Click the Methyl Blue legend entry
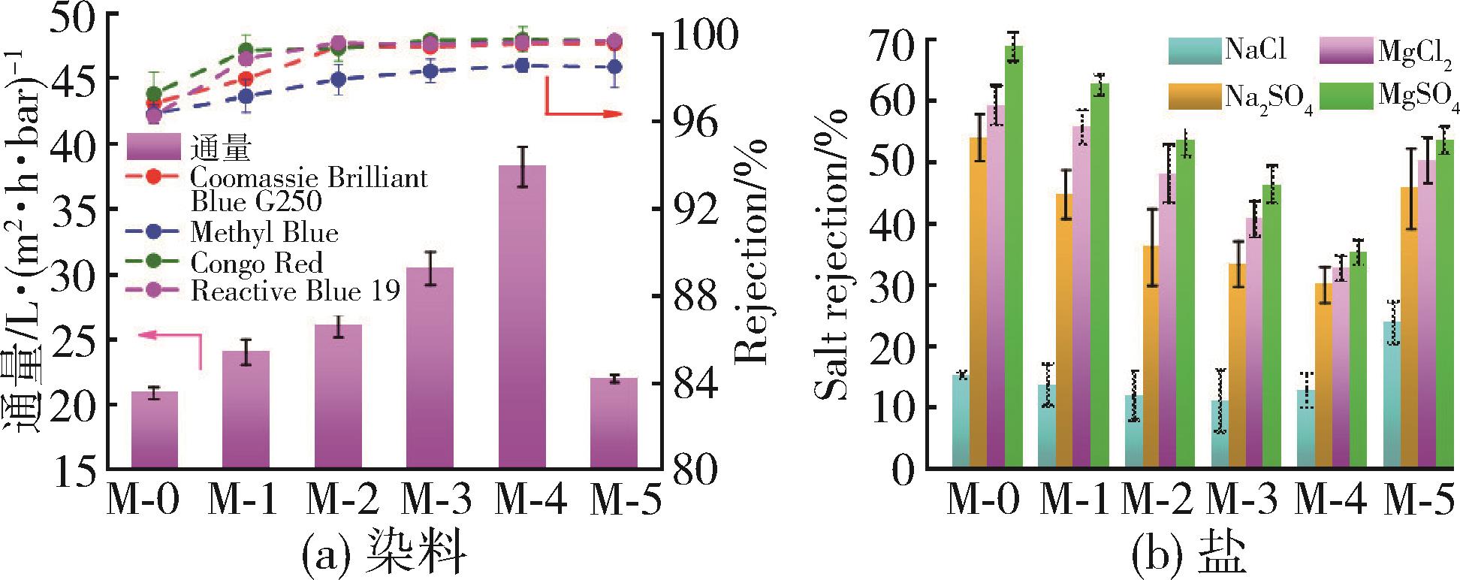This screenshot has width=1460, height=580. (x=263, y=232)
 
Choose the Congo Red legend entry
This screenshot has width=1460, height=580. (x=255, y=262)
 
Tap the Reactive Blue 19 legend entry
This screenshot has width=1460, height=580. (x=293, y=291)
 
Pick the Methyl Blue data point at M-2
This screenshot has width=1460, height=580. (x=339, y=80)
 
